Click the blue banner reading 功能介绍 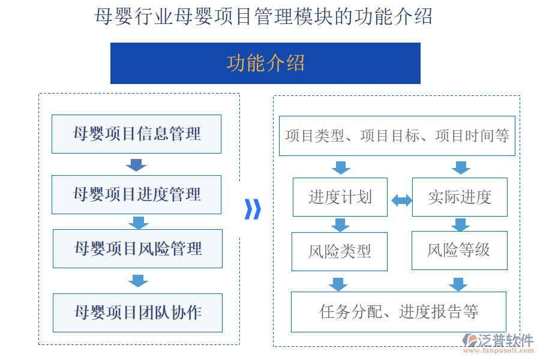coord(265,63)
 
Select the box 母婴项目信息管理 coord(136,134)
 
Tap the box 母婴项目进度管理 coord(136,194)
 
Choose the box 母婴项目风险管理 coord(137,248)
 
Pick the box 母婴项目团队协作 coord(137,313)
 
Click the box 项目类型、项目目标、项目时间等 coord(397,136)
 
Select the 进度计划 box coord(340,197)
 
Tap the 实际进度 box coord(460,197)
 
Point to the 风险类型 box coord(340,251)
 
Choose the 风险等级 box coord(460,250)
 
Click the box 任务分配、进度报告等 coord(398,312)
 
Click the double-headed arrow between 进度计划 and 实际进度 coord(401,200)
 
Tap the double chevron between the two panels coord(253,209)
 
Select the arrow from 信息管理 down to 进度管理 coord(137,165)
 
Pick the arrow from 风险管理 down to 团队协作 coord(138,280)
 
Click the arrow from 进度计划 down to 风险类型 coord(340,225)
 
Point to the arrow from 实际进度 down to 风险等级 coord(460,225)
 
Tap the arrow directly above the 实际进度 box coord(460,167)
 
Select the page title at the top coord(263,16)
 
